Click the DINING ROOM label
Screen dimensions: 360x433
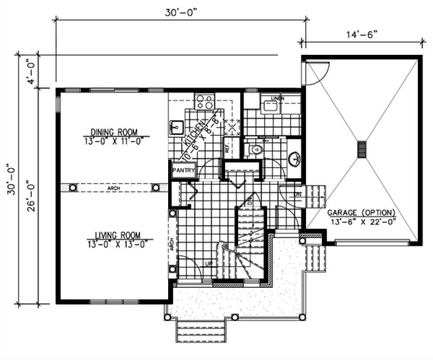pyautogui.click(x=113, y=132)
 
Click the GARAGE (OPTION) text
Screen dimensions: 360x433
pyautogui.click(x=361, y=212)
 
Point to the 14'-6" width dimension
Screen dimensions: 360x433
pyautogui.click(x=361, y=34)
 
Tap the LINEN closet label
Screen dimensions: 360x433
pyautogui.click(x=277, y=98)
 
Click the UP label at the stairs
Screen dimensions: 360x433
pyautogui.click(x=208, y=264)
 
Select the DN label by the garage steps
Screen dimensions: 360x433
pyautogui.click(x=298, y=194)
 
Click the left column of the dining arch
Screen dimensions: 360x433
pyautogui.click(x=72, y=188)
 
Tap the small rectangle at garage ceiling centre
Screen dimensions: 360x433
pyautogui.click(x=361, y=149)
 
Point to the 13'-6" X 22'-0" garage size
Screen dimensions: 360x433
pyautogui.click(x=361, y=221)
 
